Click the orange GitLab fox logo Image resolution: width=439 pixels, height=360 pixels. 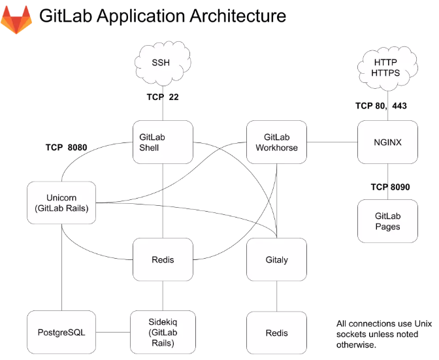[x=18, y=20]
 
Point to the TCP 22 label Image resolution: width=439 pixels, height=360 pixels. [x=163, y=97]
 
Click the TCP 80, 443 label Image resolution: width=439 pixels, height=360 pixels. [x=381, y=105]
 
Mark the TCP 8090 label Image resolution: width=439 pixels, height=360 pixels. [x=390, y=187]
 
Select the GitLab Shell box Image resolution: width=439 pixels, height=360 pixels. [x=163, y=142]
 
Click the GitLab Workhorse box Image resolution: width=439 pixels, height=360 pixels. [x=276, y=142]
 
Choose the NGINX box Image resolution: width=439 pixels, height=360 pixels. [x=388, y=142]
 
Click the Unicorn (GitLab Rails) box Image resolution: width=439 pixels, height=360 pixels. [x=62, y=204]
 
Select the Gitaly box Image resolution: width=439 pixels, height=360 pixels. [x=276, y=259]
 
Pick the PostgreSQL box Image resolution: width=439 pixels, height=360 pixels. [x=61, y=333]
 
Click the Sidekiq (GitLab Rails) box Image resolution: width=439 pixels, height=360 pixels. [x=163, y=333]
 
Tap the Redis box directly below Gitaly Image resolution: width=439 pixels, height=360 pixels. [x=276, y=333]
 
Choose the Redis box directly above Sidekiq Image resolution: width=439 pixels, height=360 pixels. [x=163, y=259]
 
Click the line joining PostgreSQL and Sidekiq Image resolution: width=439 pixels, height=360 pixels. [x=112, y=333]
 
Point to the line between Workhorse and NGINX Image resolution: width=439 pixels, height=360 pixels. [x=332, y=142]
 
